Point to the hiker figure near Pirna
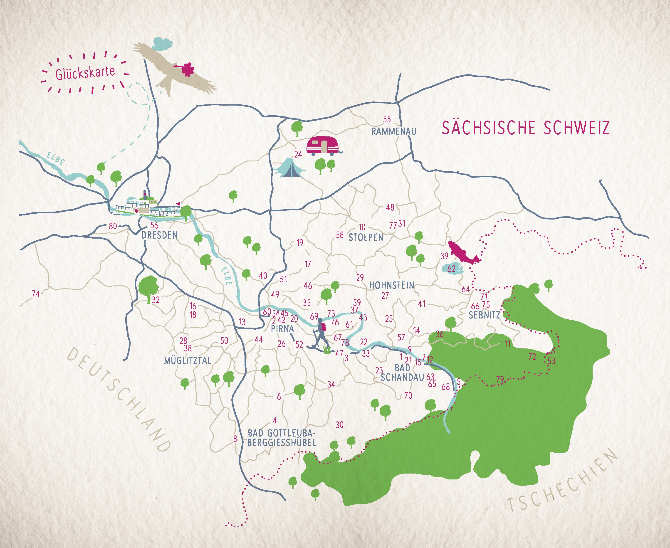click(321, 335)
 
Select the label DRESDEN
click(159, 235)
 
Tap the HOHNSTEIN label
click(391, 285)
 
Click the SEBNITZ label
click(484, 315)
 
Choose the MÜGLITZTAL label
click(188, 360)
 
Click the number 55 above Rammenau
click(387, 119)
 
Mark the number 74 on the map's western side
click(36, 294)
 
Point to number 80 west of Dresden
click(113, 226)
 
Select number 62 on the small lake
click(452, 269)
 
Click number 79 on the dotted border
click(500, 380)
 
